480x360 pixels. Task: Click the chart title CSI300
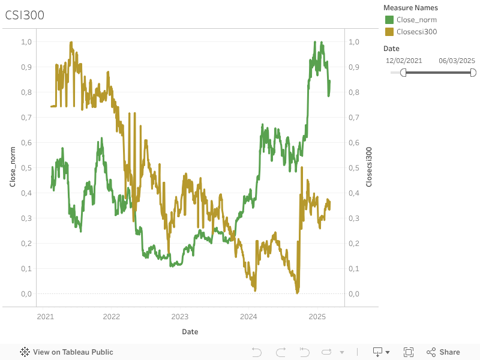tap(25, 16)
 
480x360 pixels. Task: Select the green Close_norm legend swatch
tap(389, 20)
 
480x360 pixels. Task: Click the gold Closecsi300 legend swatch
tap(389, 32)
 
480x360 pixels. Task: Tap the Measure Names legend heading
tap(410, 8)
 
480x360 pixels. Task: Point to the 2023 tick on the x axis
tap(180, 316)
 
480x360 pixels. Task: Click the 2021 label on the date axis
tap(45, 316)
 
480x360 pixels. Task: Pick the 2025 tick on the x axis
tap(317, 316)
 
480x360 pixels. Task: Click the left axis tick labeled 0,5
tap(26, 168)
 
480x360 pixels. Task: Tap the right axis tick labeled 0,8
tap(354, 92)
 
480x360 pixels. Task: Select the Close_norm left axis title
tap(13, 167)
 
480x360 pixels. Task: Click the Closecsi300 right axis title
tap(369, 167)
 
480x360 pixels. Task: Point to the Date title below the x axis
tap(190, 332)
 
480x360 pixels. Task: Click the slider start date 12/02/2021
tap(404, 61)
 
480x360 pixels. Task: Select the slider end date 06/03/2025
tap(457, 61)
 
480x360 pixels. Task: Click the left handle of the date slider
tap(403, 73)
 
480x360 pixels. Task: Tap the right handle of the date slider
tap(473, 73)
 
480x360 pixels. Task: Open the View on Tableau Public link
tap(67, 352)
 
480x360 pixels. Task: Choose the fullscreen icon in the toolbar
tap(409, 352)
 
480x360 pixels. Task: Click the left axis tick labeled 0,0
tap(26, 294)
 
